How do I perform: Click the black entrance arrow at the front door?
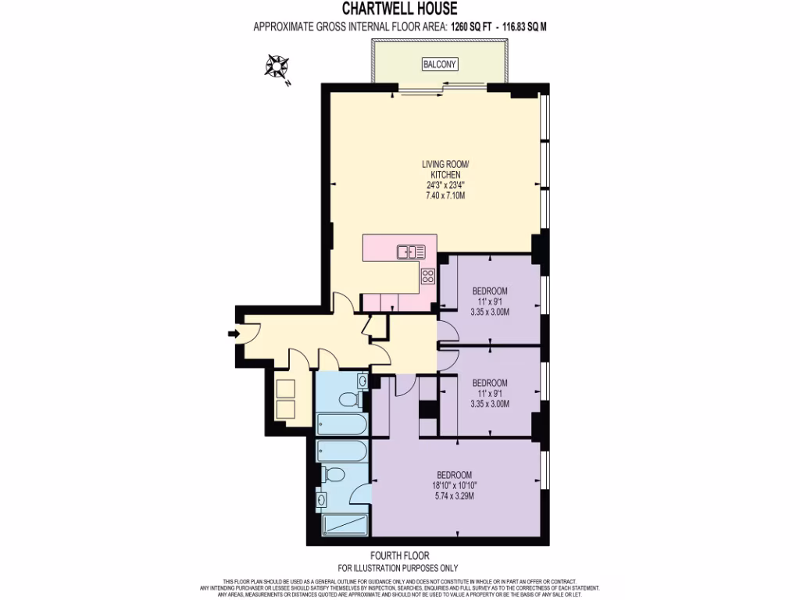234,334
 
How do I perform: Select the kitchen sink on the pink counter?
411,252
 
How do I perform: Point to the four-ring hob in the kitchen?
428,275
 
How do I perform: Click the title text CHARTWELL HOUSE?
399,9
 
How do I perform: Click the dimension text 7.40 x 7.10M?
445,196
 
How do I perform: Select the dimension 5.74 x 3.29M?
454,496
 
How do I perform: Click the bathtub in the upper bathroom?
342,426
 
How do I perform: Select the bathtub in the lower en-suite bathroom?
342,451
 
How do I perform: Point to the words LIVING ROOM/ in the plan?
445,164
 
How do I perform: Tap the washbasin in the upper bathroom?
363,380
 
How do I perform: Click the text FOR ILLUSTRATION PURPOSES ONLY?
398,568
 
